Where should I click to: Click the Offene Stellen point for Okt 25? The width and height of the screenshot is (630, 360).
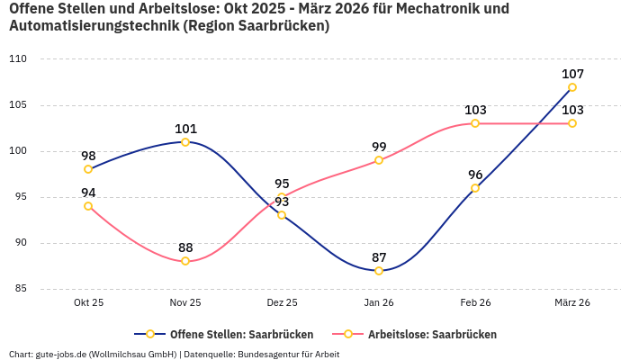(88, 169)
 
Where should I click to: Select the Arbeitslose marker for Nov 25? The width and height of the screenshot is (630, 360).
(185, 261)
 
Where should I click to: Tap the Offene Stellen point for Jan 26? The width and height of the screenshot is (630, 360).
(379, 271)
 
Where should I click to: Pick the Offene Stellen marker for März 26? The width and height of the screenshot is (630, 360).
(572, 87)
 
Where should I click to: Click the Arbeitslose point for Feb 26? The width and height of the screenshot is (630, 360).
(475, 123)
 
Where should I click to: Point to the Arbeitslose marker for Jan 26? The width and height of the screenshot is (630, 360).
(379, 160)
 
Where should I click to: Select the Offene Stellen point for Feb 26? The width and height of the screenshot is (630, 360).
(475, 188)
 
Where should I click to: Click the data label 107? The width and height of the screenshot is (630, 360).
(572, 74)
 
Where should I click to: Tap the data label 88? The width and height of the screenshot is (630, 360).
(185, 247)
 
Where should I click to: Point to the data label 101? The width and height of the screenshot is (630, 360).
(185, 129)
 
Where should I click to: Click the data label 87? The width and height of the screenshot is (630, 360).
(379, 257)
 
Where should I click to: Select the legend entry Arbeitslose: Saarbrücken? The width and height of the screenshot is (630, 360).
(432, 334)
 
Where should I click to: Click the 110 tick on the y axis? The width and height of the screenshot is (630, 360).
(18, 59)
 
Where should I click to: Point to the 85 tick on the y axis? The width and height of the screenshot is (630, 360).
(20, 289)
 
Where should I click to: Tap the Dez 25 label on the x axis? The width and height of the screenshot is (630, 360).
(282, 303)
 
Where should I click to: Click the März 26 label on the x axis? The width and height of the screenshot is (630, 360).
(572, 303)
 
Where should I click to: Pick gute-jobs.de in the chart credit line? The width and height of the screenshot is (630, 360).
(61, 354)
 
